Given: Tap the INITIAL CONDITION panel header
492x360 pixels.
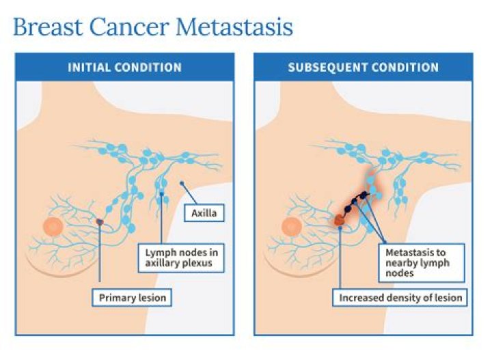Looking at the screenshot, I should point(124,68).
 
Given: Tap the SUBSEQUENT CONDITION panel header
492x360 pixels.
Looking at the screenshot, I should point(363,68).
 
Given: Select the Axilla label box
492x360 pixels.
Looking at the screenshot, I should point(204,217).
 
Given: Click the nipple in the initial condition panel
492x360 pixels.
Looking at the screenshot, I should point(53,226).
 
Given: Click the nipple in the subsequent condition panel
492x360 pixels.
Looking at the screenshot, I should point(291,226).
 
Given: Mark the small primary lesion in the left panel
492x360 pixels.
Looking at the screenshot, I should point(100,222).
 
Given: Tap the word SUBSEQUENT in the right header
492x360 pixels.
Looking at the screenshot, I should point(323,68).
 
